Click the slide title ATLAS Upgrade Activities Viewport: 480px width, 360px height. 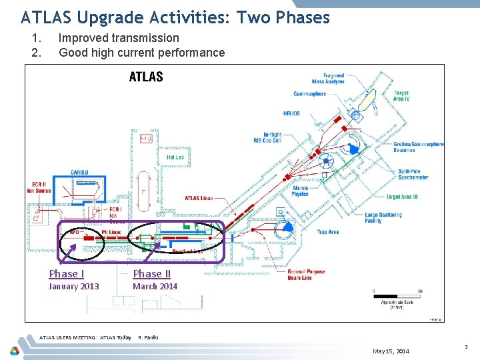coord(175,17)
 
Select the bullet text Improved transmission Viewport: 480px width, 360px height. coord(119,38)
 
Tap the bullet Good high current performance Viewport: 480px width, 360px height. coord(141,53)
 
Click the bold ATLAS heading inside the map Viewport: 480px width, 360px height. coord(146,77)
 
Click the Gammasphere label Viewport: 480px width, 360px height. coord(309,94)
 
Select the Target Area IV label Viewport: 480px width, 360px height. coord(401,95)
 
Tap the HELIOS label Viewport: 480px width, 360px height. coord(291,113)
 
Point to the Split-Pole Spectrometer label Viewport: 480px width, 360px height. coord(413,175)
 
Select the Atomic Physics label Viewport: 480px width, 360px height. coord(300,191)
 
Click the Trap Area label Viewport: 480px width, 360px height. coord(328,232)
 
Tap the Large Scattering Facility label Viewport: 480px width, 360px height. coord(383,218)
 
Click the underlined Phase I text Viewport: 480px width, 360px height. coord(67,274)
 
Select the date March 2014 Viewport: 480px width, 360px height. coord(155,287)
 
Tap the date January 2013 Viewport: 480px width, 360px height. coord(73,287)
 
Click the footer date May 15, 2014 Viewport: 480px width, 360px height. coord(391,351)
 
